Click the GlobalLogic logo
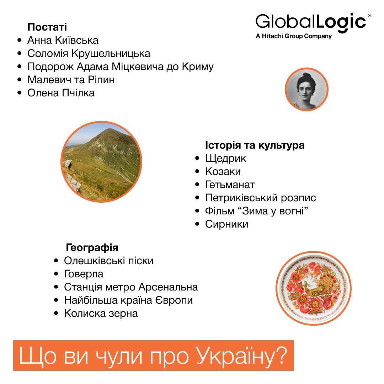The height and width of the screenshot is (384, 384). [x=313, y=26]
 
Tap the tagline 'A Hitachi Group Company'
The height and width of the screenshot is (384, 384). [x=294, y=36]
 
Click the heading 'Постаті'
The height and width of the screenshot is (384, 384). [x=47, y=27]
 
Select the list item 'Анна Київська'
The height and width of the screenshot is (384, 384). [x=63, y=40]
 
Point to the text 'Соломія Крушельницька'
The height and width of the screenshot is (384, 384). [x=89, y=53]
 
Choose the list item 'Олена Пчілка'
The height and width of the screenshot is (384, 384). [x=61, y=93]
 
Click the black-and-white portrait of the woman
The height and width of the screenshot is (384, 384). [x=306, y=89]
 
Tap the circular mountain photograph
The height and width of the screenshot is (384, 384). [x=101, y=162]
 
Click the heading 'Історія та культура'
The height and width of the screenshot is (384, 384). [x=255, y=145]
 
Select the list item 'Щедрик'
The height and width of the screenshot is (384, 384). [x=225, y=159]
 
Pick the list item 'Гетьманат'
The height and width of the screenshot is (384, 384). [x=230, y=185]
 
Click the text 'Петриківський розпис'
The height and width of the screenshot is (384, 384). [x=261, y=198]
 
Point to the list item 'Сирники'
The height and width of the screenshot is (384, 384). [x=226, y=224]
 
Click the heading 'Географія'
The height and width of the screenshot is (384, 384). [x=92, y=247]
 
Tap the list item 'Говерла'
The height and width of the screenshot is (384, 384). [x=84, y=274]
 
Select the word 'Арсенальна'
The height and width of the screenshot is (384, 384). [x=168, y=287]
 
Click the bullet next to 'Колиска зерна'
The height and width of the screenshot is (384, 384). [x=56, y=313]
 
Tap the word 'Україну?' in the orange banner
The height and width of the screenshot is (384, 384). [x=241, y=356]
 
